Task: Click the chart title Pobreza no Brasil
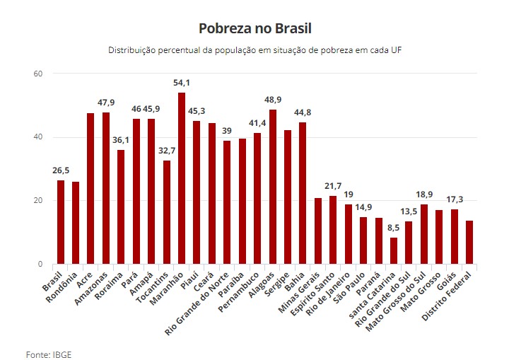click(x=255, y=28)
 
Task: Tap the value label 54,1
click(x=182, y=83)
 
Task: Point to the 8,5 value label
click(x=394, y=228)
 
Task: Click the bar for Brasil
click(x=61, y=222)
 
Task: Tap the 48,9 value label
click(x=273, y=100)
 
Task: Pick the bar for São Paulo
click(x=363, y=240)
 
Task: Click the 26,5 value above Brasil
click(x=61, y=171)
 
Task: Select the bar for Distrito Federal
click(x=469, y=243)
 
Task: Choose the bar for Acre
click(x=91, y=188)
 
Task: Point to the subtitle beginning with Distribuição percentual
click(x=255, y=51)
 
